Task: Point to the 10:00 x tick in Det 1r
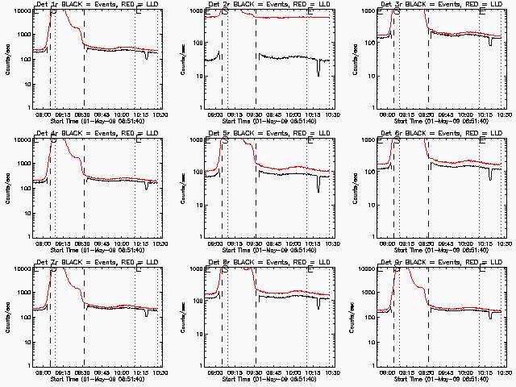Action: click(x=122, y=114)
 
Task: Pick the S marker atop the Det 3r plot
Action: click(x=396, y=10)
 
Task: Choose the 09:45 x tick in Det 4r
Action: click(x=103, y=243)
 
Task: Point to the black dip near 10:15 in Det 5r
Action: click(x=318, y=188)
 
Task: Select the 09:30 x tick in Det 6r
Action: click(x=428, y=243)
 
